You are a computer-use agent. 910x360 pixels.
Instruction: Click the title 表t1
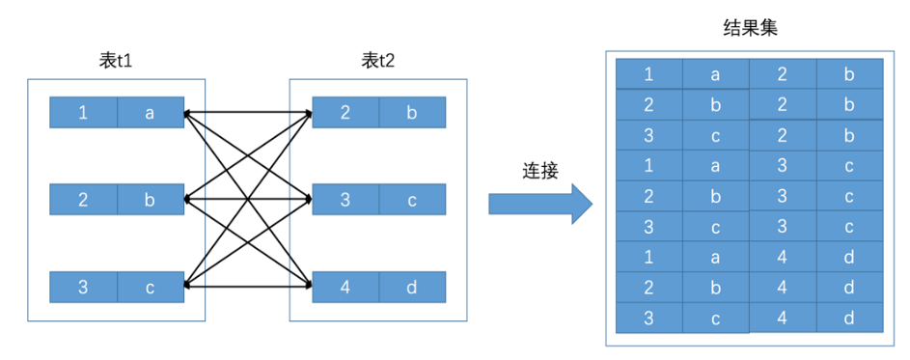pos(116,61)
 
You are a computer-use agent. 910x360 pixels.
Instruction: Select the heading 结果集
pos(750,28)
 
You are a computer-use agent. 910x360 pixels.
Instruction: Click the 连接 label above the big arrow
pos(539,172)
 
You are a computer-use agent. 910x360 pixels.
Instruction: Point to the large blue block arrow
pos(539,204)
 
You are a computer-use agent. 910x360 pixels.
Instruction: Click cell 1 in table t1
pos(84,112)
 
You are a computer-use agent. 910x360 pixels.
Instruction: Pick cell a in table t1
pos(151,112)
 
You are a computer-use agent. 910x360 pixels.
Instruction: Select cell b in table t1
pos(151,200)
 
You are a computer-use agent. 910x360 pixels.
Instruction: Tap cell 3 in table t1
pos(84,287)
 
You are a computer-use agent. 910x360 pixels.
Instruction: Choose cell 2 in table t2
pos(345,112)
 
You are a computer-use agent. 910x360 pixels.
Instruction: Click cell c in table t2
pos(413,200)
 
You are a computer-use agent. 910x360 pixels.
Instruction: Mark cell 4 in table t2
pos(345,287)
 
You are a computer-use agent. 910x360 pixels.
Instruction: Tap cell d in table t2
pos(413,287)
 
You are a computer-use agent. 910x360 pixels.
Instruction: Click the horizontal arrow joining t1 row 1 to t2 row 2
pos(248,112)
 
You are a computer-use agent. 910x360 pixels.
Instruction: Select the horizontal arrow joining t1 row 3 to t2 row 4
pos(248,286)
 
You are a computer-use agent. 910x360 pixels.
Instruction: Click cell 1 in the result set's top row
pos(648,73)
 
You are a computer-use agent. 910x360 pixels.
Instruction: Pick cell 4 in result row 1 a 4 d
pos(783,256)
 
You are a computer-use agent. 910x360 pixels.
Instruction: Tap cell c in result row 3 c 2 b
pos(716,135)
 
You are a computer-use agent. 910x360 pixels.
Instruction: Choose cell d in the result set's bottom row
pos(849,318)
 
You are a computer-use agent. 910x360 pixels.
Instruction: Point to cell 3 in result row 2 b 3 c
pos(783,196)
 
